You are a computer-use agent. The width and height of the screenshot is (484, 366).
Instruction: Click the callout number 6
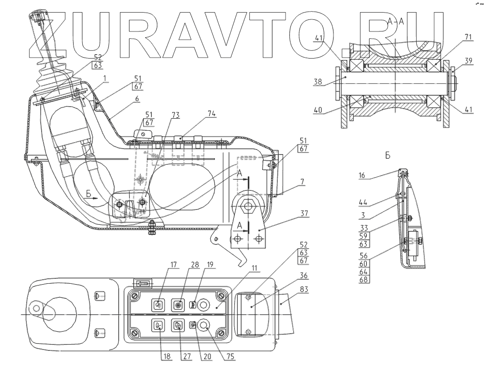click(x=137, y=99)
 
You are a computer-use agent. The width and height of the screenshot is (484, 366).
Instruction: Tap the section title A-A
click(x=395, y=20)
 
